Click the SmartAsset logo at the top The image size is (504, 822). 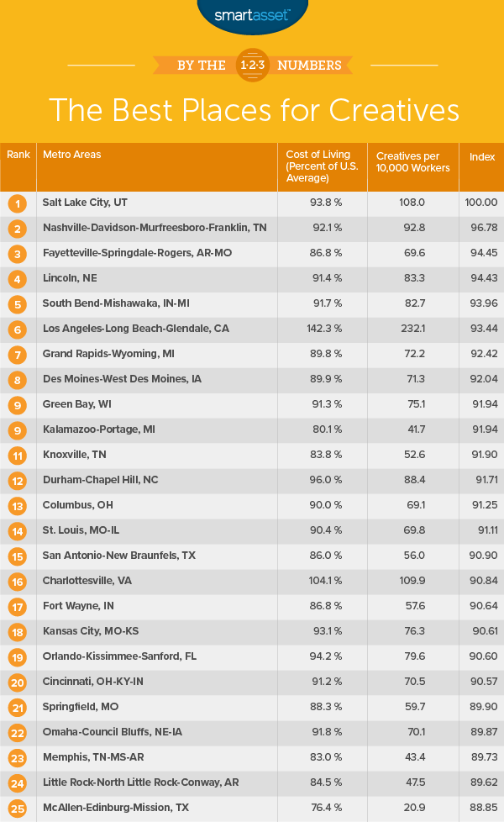251,14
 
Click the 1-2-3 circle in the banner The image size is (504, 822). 252,65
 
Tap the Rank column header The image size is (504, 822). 18,155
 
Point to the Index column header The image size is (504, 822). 482,156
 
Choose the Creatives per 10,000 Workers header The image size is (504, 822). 413,162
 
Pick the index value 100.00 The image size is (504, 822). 482,203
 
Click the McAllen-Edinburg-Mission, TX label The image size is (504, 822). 115,808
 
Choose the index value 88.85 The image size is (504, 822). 482,808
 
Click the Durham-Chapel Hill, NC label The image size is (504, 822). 101,480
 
